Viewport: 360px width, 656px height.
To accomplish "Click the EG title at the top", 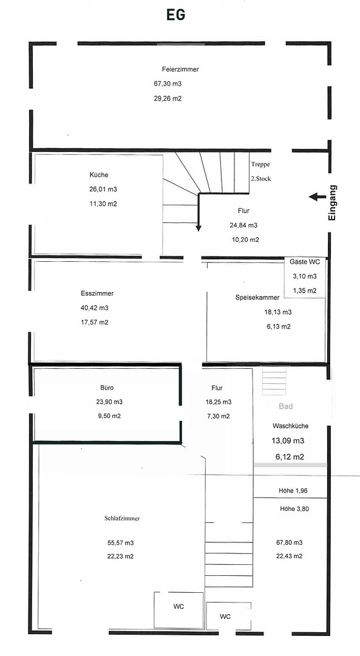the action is coord(175,15).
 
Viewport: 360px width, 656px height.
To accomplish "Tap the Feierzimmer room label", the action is coord(180,69).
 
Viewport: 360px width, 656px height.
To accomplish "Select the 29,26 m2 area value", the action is coord(168,99).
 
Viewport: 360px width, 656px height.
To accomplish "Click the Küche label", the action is coord(99,175).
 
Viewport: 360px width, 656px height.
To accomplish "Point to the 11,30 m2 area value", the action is coord(103,203).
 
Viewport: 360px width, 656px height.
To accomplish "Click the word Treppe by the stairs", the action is coord(260,165).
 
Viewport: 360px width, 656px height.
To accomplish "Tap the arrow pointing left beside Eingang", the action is coord(318,197).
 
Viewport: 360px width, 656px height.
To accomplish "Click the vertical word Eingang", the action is coord(333,203).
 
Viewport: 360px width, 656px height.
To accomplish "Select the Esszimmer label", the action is coord(97,294).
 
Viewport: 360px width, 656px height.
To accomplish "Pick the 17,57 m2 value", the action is coord(95,322).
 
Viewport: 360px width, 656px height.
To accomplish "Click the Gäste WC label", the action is coord(305,262).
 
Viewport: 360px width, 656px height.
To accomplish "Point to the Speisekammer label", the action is coord(257,298).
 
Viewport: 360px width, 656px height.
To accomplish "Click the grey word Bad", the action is coord(285,406).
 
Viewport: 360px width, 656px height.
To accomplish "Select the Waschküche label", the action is coord(291,426).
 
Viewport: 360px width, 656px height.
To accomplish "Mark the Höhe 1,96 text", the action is coord(293,491).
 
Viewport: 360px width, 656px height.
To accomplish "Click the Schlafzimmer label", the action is coord(122,518).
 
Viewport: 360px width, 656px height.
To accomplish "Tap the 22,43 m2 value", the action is coord(290,556).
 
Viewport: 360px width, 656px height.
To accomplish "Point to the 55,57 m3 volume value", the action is coord(120,543).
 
